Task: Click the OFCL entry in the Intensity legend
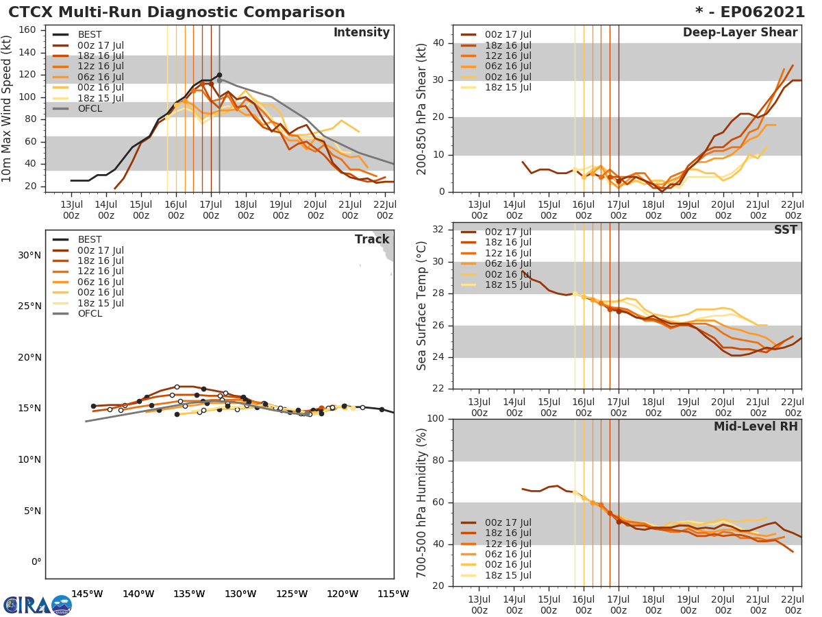click(90, 108)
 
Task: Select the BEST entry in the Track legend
click(90, 239)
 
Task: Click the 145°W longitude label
click(87, 594)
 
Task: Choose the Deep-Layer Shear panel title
click(740, 33)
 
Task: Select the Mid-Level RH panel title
click(756, 426)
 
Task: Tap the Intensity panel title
click(361, 33)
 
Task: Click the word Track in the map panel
click(372, 239)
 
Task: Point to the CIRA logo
click(38, 605)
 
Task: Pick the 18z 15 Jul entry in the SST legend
click(508, 285)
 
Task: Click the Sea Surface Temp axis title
click(422, 305)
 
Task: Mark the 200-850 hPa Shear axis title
click(422, 109)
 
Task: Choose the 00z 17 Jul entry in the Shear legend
click(508, 34)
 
